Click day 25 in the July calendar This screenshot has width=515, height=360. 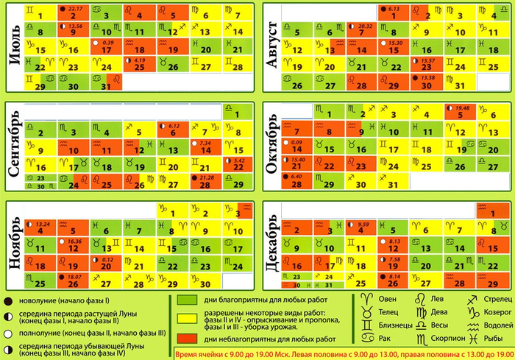pos(142,66)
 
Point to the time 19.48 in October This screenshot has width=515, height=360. pos(463,107)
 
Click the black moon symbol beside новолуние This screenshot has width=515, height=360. pos(7,301)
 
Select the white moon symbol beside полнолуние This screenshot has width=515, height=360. pos(7,332)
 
